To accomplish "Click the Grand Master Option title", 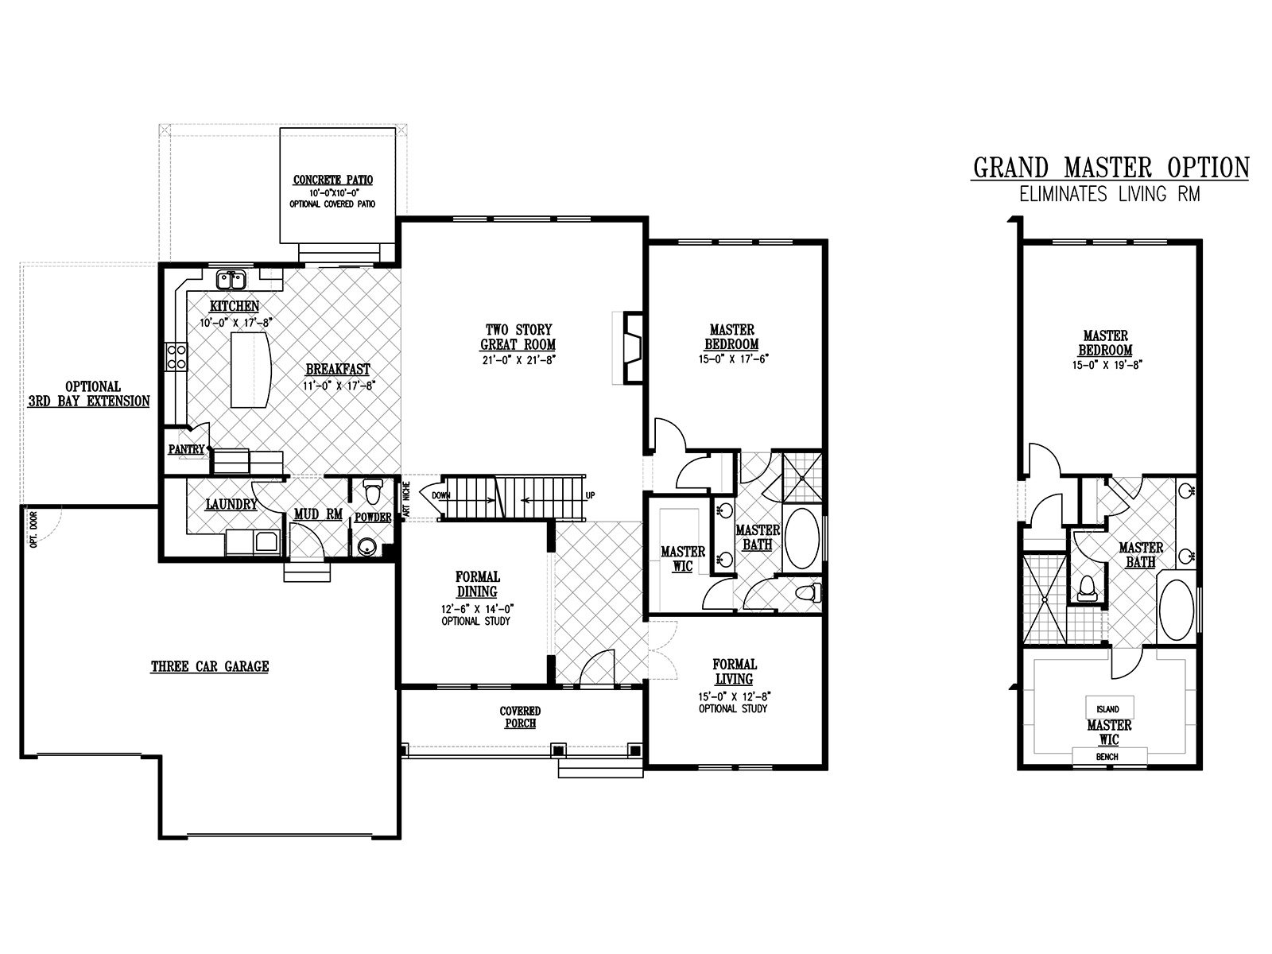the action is tap(1111, 168).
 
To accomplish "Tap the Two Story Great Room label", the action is tap(518, 337).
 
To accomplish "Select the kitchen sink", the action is tap(232, 281).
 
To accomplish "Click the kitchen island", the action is tap(250, 370).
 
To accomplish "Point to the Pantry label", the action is tap(187, 449).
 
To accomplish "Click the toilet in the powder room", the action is tap(370, 492).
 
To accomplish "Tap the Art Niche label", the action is tap(405, 498).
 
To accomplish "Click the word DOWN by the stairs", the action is tap(441, 496).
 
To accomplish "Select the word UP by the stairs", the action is tap(590, 496).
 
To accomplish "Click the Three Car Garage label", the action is tap(210, 667).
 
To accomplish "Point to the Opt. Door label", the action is tap(33, 529).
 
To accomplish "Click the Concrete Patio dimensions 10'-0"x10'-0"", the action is tap(332, 192).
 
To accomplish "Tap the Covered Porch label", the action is tap(521, 717).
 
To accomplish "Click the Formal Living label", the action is tap(735, 671).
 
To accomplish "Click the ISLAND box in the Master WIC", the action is tap(1109, 708).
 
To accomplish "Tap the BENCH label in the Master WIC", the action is tap(1107, 757).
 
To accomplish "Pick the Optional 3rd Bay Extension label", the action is tap(89, 394).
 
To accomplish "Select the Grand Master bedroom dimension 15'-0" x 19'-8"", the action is tap(1107, 366).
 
